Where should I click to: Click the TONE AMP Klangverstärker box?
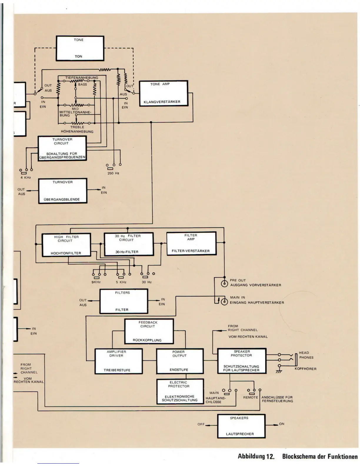click(x=163, y=93)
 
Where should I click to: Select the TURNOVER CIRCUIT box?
click(x=62, y=148)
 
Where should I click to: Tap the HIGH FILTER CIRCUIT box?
click(x=66, y=245)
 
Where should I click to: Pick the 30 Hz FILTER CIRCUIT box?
click(x=129, y=244)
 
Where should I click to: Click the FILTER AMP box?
click(x=191, y=243)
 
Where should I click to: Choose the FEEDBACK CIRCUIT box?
click(x=149, y=331)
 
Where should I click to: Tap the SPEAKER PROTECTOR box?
click(x=241, y=361)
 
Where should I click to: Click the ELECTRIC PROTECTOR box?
click(x=179, y=391)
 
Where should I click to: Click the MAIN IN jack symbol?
click(x=224, y=302)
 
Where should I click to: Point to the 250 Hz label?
click(x=113, y=173)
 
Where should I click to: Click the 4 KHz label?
click(x=26, y=177)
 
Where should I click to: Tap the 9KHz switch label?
click(x=96, y=282)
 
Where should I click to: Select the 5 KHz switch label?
click(x=121, y=282)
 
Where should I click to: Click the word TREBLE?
click(x=77, y=127)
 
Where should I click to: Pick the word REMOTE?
click(x=250, y=397)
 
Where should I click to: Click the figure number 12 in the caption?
click(x=270, y=457)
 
